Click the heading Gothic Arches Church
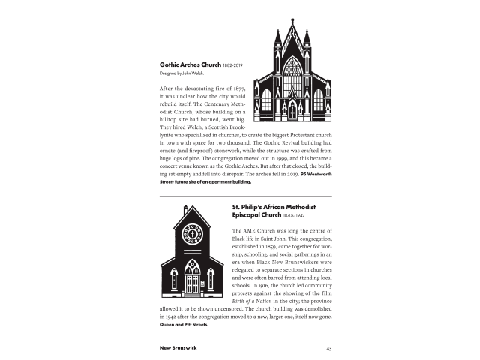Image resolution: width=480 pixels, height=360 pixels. [190, 65]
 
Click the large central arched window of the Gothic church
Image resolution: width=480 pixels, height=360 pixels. [292, 76]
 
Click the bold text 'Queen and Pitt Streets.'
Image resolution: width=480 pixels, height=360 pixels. [184, 325]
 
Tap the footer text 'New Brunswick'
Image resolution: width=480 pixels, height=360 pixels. [178, 348]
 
